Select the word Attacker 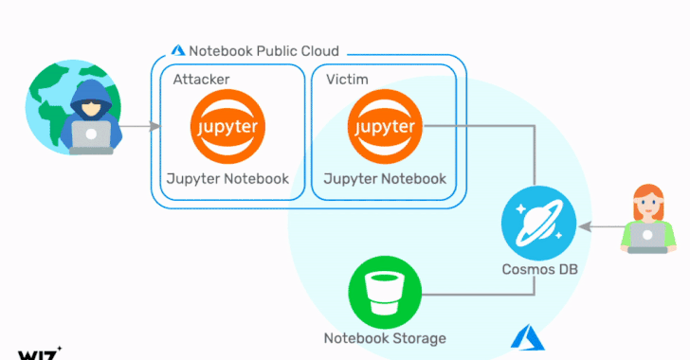click(x=201, y=78)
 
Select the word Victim click(x=348, y=78)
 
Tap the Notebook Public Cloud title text click(x=263, y=50)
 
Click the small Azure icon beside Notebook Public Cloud click(x=177, y=50)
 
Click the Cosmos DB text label click(x=536, y=270)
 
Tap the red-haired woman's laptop click(x=649, y=238)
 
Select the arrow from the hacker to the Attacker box click(x=136, y=125)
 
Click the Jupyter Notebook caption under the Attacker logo click(x=227, y=178)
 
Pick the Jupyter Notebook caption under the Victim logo click(x=384, y=178)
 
